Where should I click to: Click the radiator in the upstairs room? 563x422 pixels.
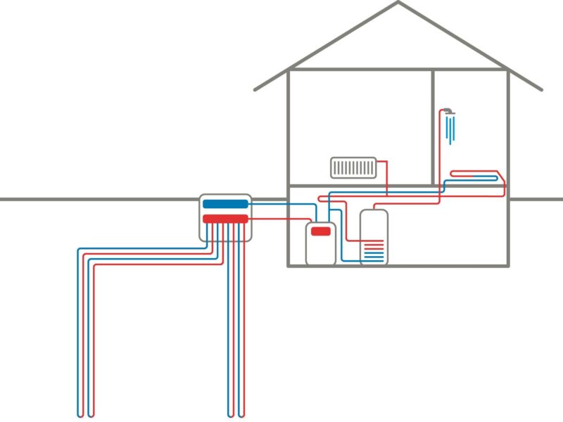[x=354, y=167]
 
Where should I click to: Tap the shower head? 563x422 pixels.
[x=448, y=111]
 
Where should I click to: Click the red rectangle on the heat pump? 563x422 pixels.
[x=321, y=231]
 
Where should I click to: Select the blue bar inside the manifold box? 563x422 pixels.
[x=225, y=204]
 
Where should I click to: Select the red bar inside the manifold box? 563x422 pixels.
[x=225, y=219]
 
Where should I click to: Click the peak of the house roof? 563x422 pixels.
[x=398, y=3]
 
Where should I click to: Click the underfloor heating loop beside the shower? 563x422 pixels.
[x=476, y=175]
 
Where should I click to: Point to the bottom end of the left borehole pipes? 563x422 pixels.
[x=85, y=415]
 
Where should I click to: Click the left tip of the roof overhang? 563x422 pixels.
[x=255, y=89]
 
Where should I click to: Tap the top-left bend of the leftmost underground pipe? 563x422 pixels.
[x=79, y=249]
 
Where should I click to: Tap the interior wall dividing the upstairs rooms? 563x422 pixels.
[x=433, y=127]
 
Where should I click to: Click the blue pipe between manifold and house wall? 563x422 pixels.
[x=271, y=204]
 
